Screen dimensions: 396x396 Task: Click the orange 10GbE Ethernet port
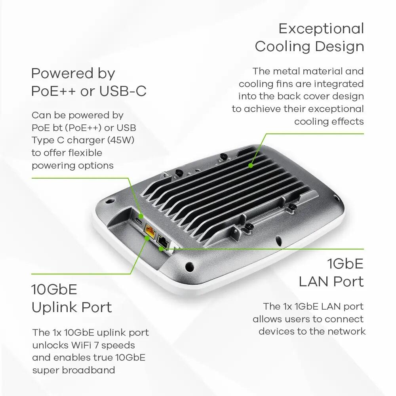pos(150,229)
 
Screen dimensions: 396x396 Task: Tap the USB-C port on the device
pos(137,220)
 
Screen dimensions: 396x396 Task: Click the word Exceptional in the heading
pos(321,29)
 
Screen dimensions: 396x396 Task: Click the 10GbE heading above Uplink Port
pos(54,289)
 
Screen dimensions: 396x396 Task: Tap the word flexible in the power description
pos(79,153)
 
